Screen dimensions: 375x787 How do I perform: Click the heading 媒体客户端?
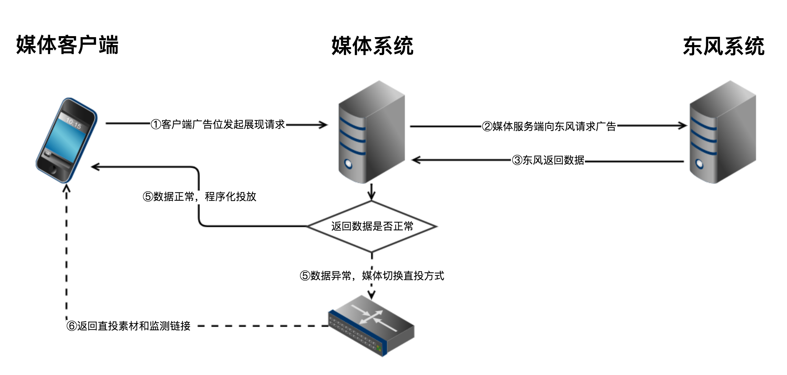(67, 45)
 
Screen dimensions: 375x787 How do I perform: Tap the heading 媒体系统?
(372, 46)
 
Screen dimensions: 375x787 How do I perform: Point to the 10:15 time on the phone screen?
(73, 123)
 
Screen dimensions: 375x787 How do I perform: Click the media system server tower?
(371, 132)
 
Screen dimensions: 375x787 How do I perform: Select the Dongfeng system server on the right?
(722, 132)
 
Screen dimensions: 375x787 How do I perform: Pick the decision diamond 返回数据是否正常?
(372, 226)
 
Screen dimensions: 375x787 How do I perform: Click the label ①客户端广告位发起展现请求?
(218, 124)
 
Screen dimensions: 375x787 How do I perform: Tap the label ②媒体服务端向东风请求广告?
(549, 126)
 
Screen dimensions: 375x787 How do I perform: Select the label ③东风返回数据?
(548, 160)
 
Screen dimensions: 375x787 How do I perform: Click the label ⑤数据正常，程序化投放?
(200, 196)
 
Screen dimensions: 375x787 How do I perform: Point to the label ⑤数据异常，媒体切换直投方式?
(372, 276)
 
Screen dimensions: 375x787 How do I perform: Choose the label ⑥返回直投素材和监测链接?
(128, 325)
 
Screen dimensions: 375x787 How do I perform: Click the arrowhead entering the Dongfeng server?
(682, 126)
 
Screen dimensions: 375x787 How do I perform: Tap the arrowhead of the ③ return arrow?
(416, 160)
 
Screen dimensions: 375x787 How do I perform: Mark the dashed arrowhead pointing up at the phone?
(67, 188)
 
